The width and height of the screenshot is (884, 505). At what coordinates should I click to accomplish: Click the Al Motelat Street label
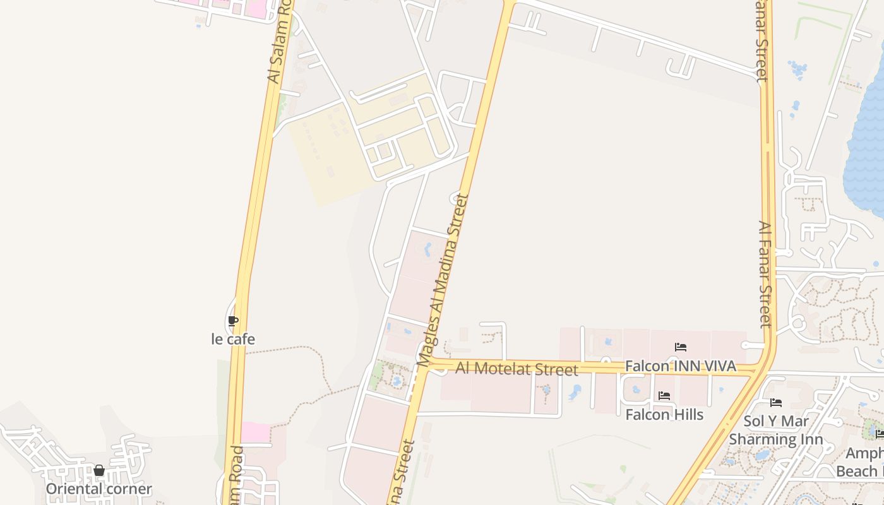click(x=517, y=368)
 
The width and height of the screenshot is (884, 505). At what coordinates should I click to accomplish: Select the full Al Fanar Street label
click(x=765, y=274)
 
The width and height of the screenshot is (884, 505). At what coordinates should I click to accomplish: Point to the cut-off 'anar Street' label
click(x=762, y=41)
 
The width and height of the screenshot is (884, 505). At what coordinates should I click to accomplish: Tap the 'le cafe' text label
click(x=233, y=339)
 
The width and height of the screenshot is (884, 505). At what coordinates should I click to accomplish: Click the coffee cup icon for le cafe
click(x=233, y=321)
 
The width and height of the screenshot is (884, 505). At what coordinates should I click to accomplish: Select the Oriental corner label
click(x=99, y=489)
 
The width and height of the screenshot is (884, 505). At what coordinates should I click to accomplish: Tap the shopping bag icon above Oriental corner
click(x=99, y=470)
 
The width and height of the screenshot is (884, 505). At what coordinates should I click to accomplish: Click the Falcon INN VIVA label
click(x=681, y=366)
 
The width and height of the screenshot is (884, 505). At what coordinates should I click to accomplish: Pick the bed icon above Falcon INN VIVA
click(x=681, y=347)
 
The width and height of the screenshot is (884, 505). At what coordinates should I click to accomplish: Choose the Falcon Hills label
click(x=664, y=414)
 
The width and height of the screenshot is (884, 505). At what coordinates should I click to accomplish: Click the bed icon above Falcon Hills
click(x=664, y=396)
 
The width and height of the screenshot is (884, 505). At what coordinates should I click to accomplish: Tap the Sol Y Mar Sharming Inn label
click(x=776, y=430)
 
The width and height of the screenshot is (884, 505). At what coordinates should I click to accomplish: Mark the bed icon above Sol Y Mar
click(x=776, y=403)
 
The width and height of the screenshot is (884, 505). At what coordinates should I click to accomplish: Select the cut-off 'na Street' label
click(x=403, y=473)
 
